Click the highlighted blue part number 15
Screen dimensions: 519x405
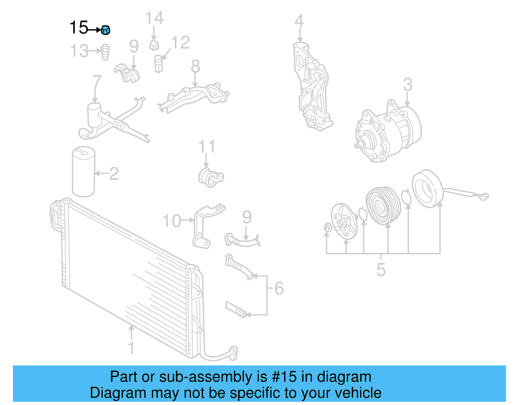tap(105, 30)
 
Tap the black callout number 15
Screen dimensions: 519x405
tap(79, 28)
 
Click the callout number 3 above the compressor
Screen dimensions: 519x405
tap(407, 85)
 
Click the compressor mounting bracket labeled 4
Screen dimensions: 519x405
tap(311, 88)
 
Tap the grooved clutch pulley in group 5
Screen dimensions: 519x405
tap(383, 206)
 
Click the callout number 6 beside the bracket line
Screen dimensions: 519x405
tap(279, 288)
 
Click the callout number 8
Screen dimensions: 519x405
tap(195, 67)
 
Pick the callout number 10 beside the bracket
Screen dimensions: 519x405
tap(172, 221)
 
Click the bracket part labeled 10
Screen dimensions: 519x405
tap(202, 227)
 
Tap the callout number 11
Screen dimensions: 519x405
tap(207, 147)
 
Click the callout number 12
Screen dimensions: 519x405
tap(180, 43)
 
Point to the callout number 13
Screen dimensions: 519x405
tap(79, 51)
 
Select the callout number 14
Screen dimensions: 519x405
tap(154, 18)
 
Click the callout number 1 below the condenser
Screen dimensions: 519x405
tap(131, 348)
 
